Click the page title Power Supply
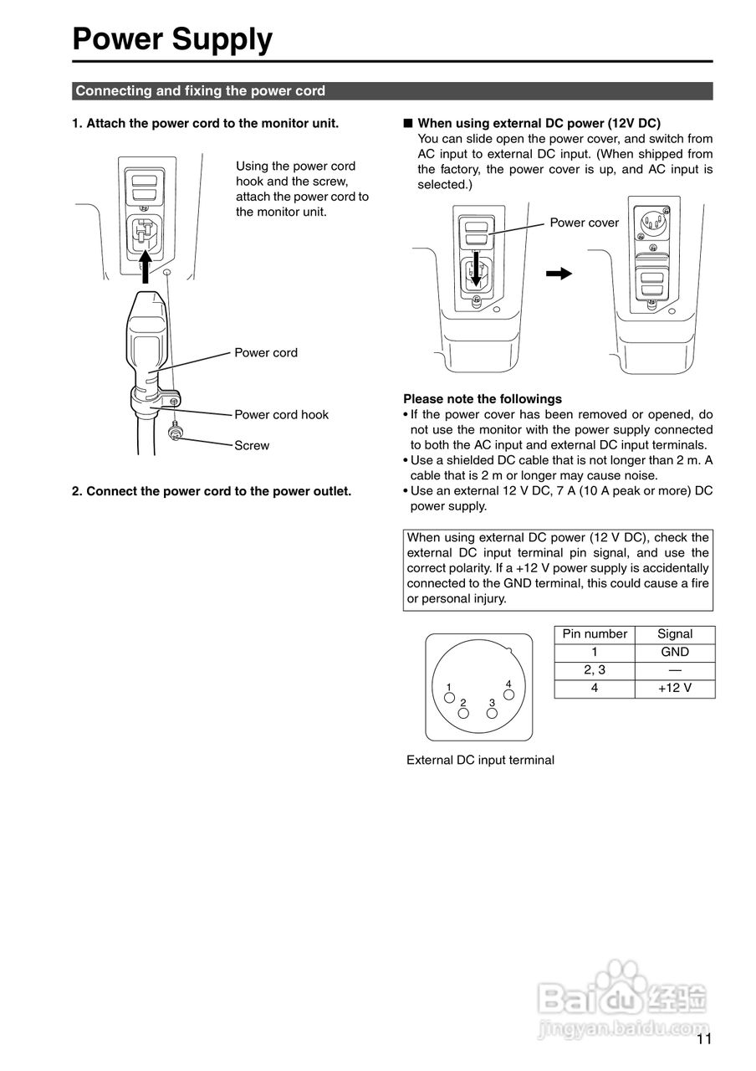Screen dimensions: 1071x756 pyautogui.click(x=172, y=39)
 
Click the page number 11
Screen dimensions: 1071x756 pyautogui.click(x=703, y=1040)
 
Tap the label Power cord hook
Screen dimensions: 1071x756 pyautogui.click(x=281, y=415)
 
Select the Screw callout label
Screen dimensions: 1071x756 pyautogui.click(x=252, y=446)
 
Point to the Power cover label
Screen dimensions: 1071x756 pyautogui.click(x=584, y=223)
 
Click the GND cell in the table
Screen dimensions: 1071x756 pyautogui.click(x=674, y=652)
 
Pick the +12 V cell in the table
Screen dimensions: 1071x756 pyautogui.click(x=674, y=689)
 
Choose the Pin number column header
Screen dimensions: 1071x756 pyautogui.click(x=594, y=634)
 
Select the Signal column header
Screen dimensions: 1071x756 pyautogui.click(x=674, y=634)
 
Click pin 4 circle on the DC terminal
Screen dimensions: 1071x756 pyautogui.click(x=508, y=696)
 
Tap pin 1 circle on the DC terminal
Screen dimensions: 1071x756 pyautogui.click(x=449, y=697)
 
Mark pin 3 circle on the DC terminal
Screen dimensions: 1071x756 pyautogui.click(x=492, y=714)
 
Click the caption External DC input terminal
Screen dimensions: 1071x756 pyautogui.click(x=480, y=761)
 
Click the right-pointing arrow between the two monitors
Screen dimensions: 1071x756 pyautogui.click(x=558, y=273)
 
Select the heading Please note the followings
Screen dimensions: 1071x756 pyautogui.click(x=483, y=399)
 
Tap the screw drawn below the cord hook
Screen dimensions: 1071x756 pyautogui.click(x=176, y=433)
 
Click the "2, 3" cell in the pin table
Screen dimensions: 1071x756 pyautogui.click(x=594, y=670)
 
